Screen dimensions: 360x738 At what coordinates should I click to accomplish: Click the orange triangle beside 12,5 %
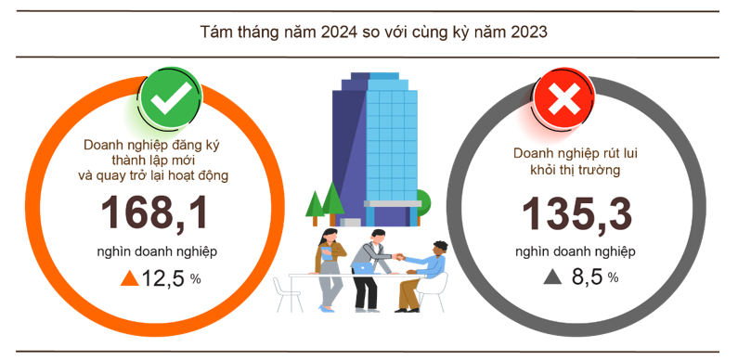point(129,277)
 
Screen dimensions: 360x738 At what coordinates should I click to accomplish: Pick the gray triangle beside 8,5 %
point(553,276)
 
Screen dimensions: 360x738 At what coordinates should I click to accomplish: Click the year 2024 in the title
point(341,32)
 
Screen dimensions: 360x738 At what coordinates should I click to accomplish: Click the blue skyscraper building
point(376,148)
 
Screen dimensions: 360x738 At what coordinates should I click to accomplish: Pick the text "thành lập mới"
point(155,160)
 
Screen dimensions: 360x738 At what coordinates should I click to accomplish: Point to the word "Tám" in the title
point(215,32)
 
